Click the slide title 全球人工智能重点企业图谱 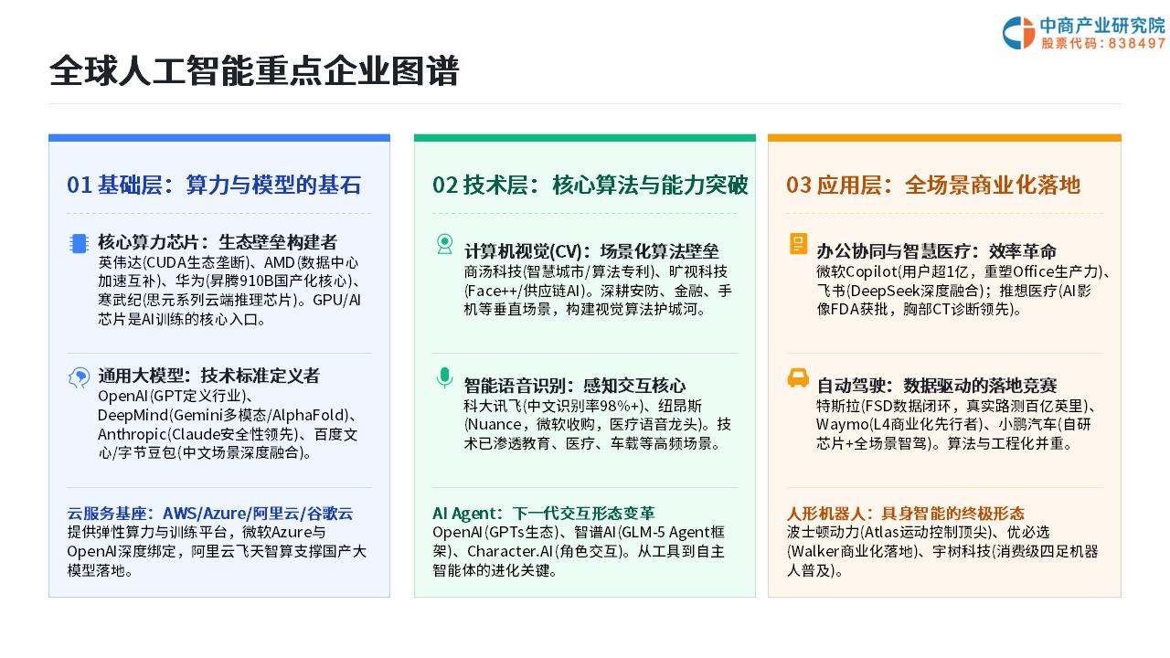coord(254,70)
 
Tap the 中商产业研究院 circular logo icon coord(1018,33)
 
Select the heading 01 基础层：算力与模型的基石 coord(214,185)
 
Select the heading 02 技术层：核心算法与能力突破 coord(590,185)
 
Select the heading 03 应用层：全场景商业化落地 coord(933,185)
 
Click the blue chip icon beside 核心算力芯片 coord(79,243)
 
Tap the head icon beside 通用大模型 coord(79,377)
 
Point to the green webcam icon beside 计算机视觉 coord(444,244)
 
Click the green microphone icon coord(444,377)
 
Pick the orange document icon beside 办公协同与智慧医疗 coord(798,244)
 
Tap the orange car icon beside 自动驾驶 coord(798,377)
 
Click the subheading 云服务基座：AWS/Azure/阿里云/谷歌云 coord(210,514)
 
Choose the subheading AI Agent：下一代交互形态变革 coord(543,514)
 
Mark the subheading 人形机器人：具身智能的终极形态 coord(905,514)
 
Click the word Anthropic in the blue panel coord(132,434)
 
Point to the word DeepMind coord(133,415)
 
